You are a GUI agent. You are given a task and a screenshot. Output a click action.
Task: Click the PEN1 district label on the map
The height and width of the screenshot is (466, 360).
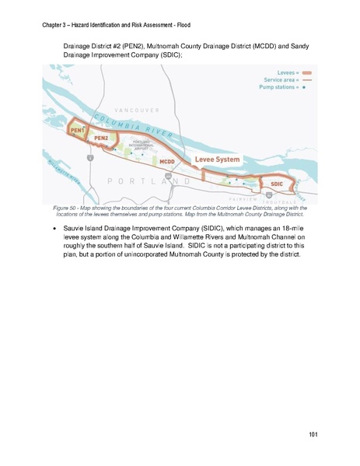tap(77, 130)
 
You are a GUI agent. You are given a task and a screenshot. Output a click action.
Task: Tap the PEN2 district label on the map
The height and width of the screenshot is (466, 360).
tap(100, 138)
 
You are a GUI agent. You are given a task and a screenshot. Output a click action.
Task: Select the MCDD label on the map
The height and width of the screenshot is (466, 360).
tap(166, 162)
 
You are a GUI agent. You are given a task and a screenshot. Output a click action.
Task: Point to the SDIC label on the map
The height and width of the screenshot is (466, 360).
tap(277, 184)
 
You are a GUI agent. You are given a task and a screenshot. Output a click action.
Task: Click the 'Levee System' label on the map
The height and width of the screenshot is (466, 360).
tap(217, 159)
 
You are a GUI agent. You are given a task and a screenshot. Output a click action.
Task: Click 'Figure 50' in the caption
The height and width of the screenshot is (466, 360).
tap(66, 208)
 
